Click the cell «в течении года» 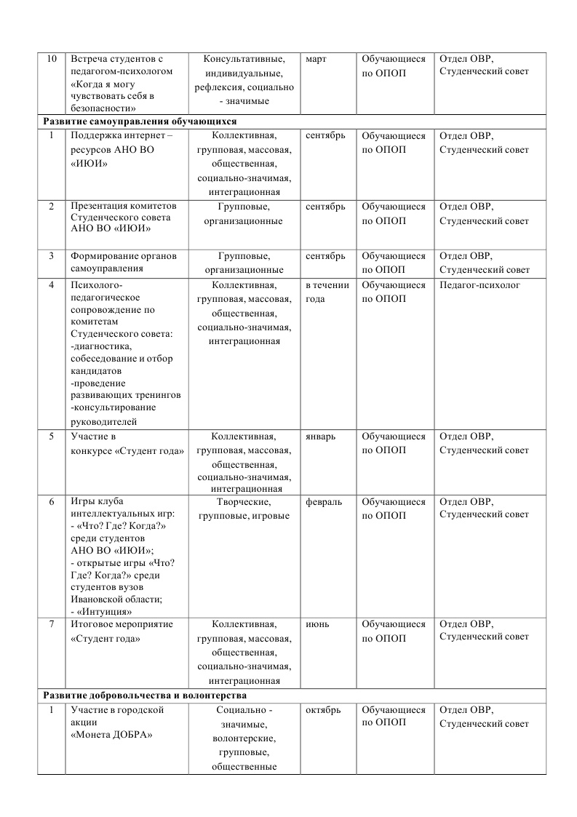[x=327, y=292]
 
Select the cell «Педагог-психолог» [x=479, y=285]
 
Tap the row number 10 [x=51, y=59]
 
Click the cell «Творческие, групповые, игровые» [x=244, y=509]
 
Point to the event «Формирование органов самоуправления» [x=123, y=262]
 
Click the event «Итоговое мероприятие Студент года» [x=116, y=631]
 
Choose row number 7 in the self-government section [x=51, y=624]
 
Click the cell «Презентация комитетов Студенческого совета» [x=119, y=218]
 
